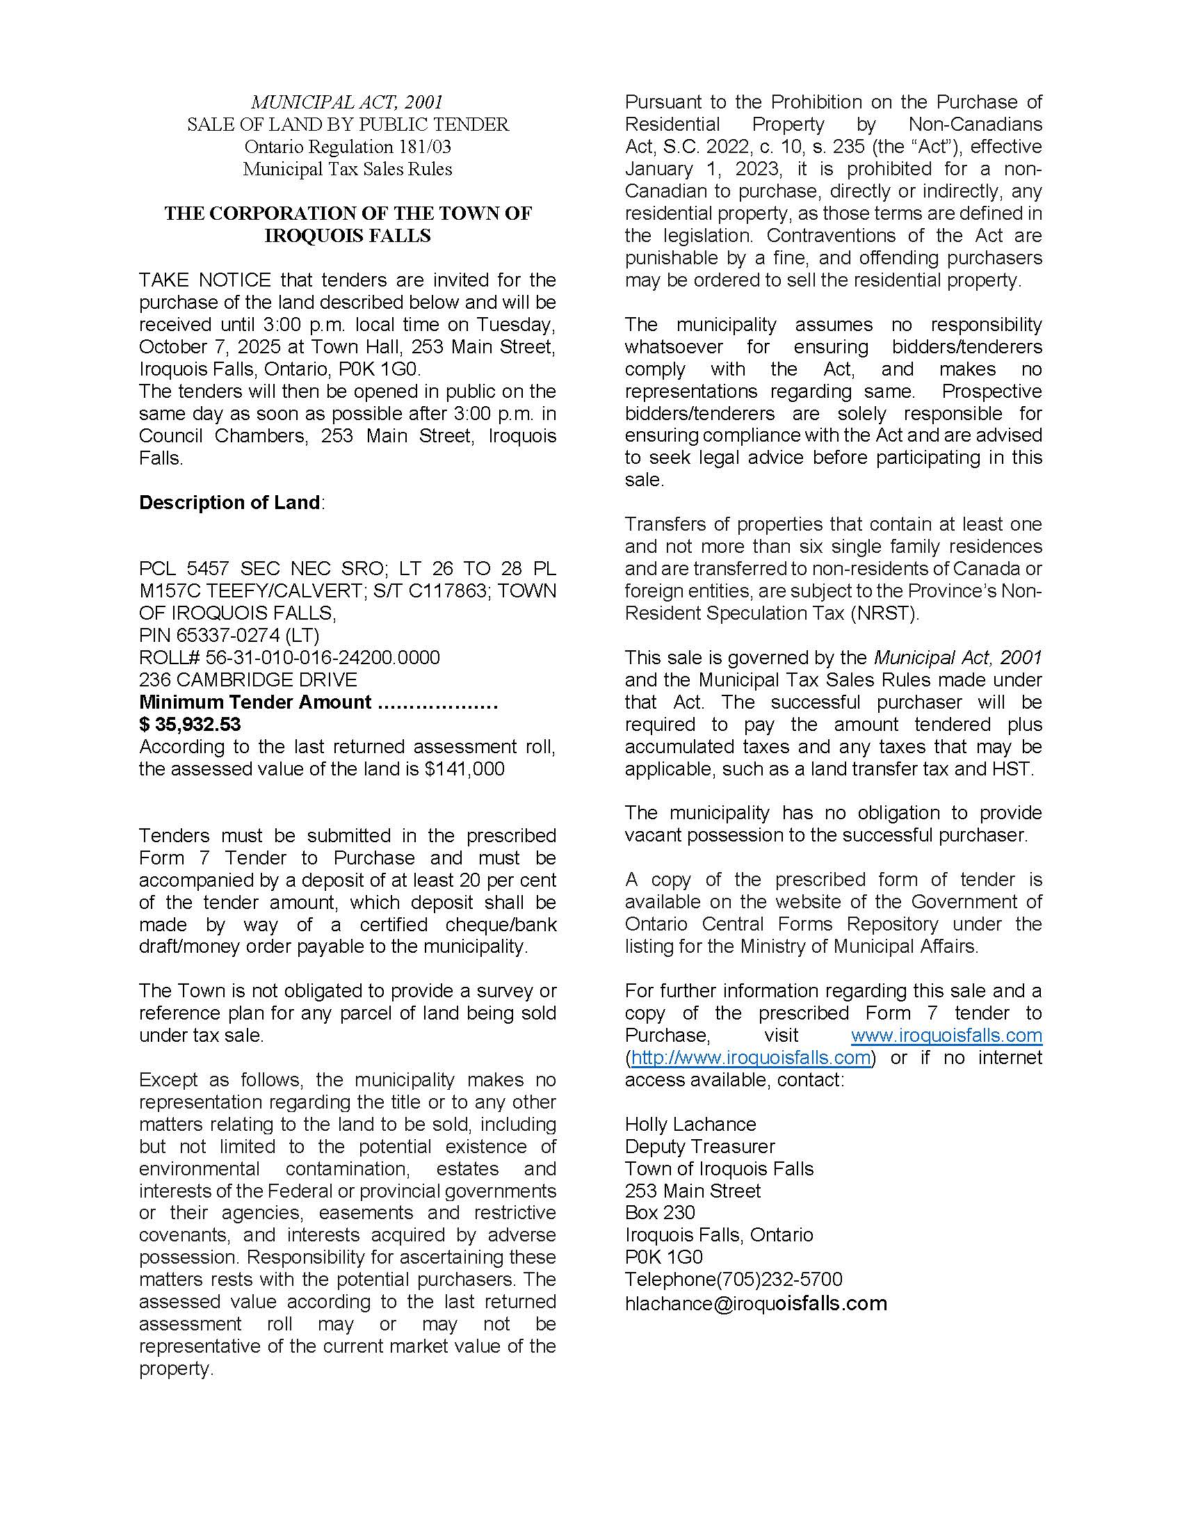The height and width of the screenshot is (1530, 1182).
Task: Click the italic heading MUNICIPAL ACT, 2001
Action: click(348, 102)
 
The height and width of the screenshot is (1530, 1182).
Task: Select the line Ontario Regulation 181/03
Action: click(348, 147)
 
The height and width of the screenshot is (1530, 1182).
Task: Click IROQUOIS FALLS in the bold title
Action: click(348, 235)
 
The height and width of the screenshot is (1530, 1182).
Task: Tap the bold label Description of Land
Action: click(230, 502)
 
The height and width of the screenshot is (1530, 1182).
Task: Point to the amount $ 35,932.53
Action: click(190, 724)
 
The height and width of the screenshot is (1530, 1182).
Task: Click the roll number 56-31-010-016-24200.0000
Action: click(323, 658)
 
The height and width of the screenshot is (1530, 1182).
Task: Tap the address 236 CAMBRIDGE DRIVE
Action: click(248, 679)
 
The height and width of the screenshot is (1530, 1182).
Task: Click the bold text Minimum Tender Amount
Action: click(255, 702)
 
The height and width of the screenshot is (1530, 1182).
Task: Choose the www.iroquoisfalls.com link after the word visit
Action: click(946, 1035)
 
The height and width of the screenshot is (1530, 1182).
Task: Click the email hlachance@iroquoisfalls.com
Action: click(756, 1303)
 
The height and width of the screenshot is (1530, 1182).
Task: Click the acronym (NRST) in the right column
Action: click(884, 613)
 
